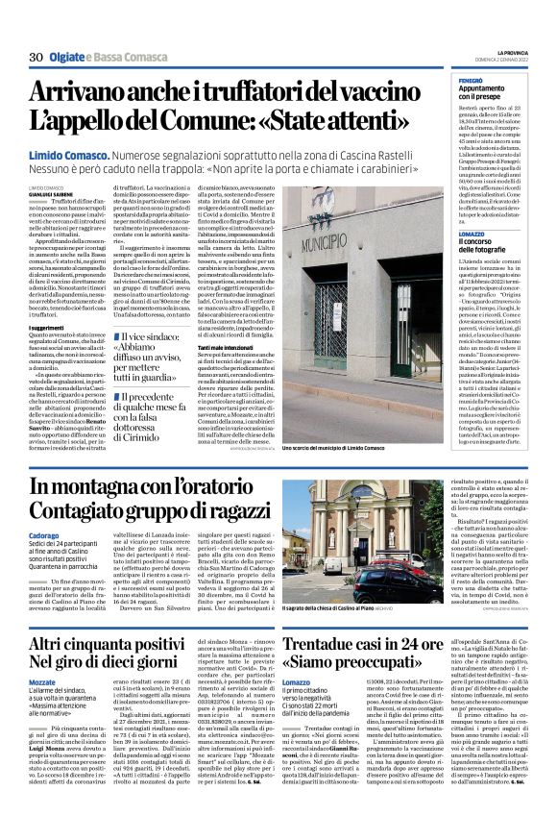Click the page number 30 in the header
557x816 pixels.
pyautogui.click(x=36, y=57)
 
